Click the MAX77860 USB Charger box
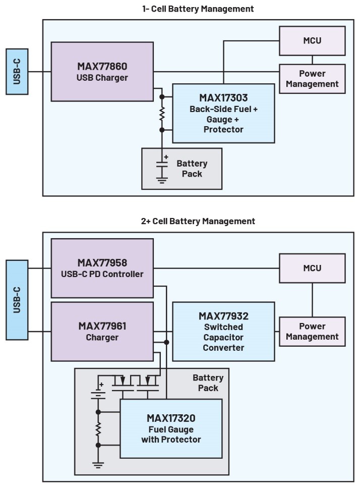click(102, 71)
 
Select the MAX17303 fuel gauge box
click(223, 113)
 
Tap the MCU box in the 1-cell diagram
click(312, 40)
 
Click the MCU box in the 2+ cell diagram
click(312, 268)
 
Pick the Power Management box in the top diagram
click(312, 79)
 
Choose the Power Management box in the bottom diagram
click(312, 331)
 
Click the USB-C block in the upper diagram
click(17, 72)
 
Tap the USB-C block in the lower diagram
click(17, 300)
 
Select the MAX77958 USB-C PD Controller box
click(102, 268)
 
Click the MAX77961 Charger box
click(102, 331)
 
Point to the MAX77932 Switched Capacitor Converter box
click(223, 331)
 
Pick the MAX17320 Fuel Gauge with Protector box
click(171, 428)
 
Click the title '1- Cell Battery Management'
click(197, 9)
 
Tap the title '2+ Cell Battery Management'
click(198, 221)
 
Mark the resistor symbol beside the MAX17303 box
click(162, 113)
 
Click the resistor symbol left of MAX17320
click(98, 429)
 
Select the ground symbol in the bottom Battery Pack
click(98, 465)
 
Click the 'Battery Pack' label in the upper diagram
click(192, 169)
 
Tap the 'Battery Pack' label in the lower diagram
click(208, 383)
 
